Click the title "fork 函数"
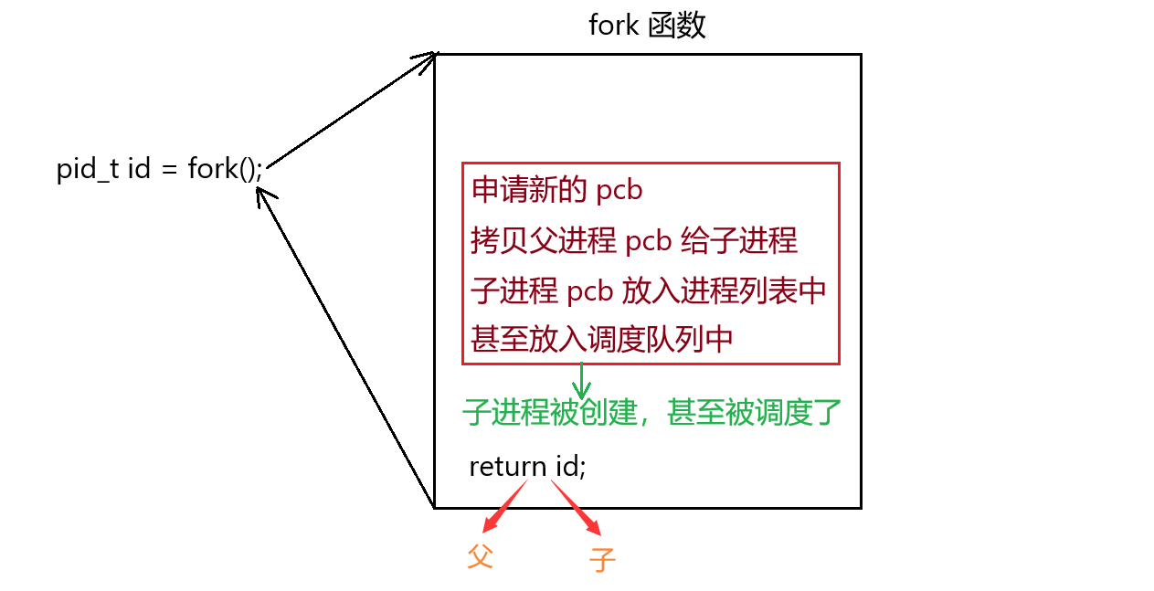[x=647, y=26]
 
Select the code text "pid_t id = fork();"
[x=160, y=169]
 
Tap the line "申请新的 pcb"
[x=557, y=190]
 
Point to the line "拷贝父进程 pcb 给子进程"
[x=634, y=240]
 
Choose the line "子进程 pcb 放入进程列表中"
[x=649, y=290]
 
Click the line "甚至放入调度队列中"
[x=602, y=339]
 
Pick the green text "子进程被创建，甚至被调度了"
[x=651, y=412]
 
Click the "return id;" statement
[x=527, y=466]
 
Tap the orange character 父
[x=481, y=556]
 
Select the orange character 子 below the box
[x=602, y=558]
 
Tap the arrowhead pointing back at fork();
[x=264, y=195]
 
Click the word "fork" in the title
[x=613, y=26]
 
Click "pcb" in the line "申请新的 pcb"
[x=619, y=191]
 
